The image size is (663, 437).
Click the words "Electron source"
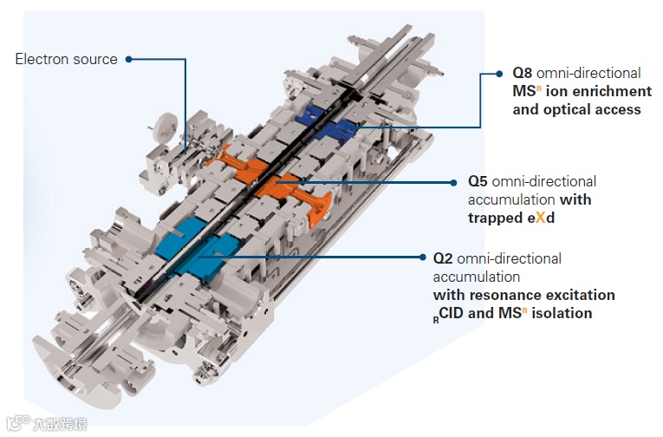coord(67,59)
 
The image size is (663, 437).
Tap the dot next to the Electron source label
coord(128,59)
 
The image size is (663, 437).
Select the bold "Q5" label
coord(480,182)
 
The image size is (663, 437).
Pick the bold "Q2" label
coord(444,258)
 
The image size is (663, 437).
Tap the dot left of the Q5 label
coord(453,183)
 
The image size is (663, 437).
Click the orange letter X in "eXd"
coord(538,218)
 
